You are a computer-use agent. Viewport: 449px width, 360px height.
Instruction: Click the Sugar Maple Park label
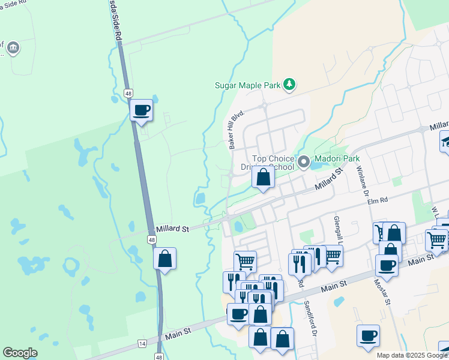(248, 85)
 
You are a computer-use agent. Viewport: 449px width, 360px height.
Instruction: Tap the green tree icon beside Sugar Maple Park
(289, 84)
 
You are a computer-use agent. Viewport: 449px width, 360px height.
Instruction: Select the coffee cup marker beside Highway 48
(142, 110)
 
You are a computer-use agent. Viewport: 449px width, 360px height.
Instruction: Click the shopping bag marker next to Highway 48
(164, 259)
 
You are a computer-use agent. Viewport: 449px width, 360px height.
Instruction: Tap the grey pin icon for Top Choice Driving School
(304, 161)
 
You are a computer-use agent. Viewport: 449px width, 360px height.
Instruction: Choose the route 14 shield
(142, 343)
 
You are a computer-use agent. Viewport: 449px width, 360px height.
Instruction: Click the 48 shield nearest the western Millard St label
(152, 240)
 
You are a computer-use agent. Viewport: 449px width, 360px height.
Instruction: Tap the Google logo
(20, 353)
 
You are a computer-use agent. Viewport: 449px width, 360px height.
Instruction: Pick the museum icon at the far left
(13, 47)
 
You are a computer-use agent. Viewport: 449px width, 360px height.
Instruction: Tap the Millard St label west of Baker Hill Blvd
(172, 229)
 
